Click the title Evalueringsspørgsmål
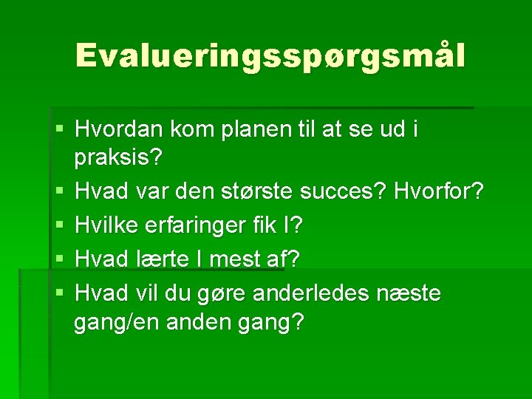270,56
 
